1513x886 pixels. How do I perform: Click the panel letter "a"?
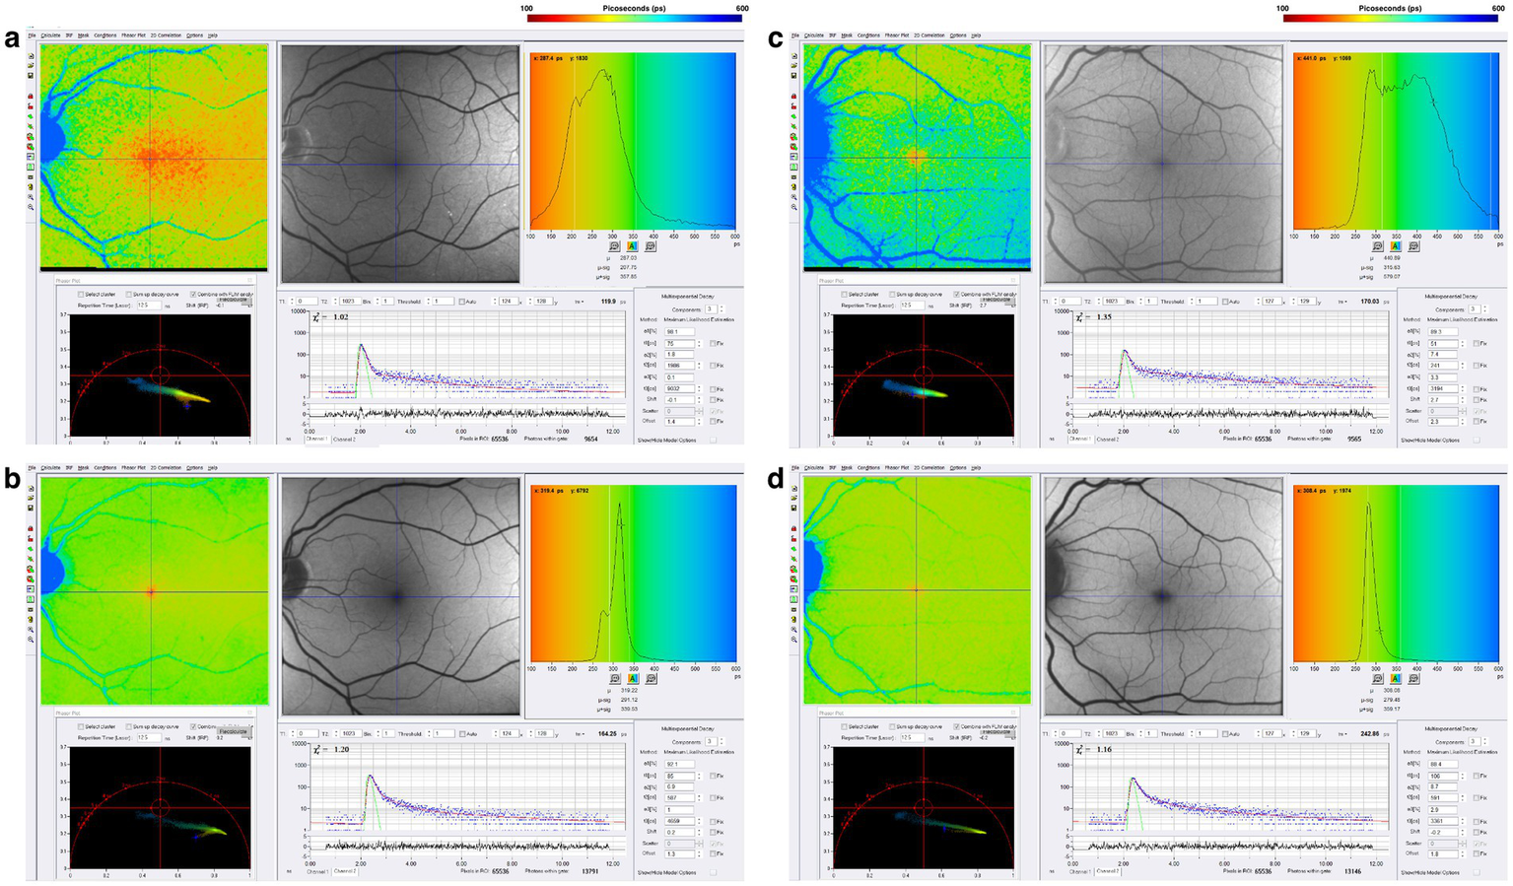tap(11, 40)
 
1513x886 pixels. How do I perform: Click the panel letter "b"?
tap(12, 481)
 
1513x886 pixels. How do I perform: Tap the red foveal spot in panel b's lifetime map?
tap(151, 591)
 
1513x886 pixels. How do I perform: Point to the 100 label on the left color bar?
tap(527, 8)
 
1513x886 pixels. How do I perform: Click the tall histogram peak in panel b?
tap(619, 507)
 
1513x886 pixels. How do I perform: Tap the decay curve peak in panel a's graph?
tap(362, 345)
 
